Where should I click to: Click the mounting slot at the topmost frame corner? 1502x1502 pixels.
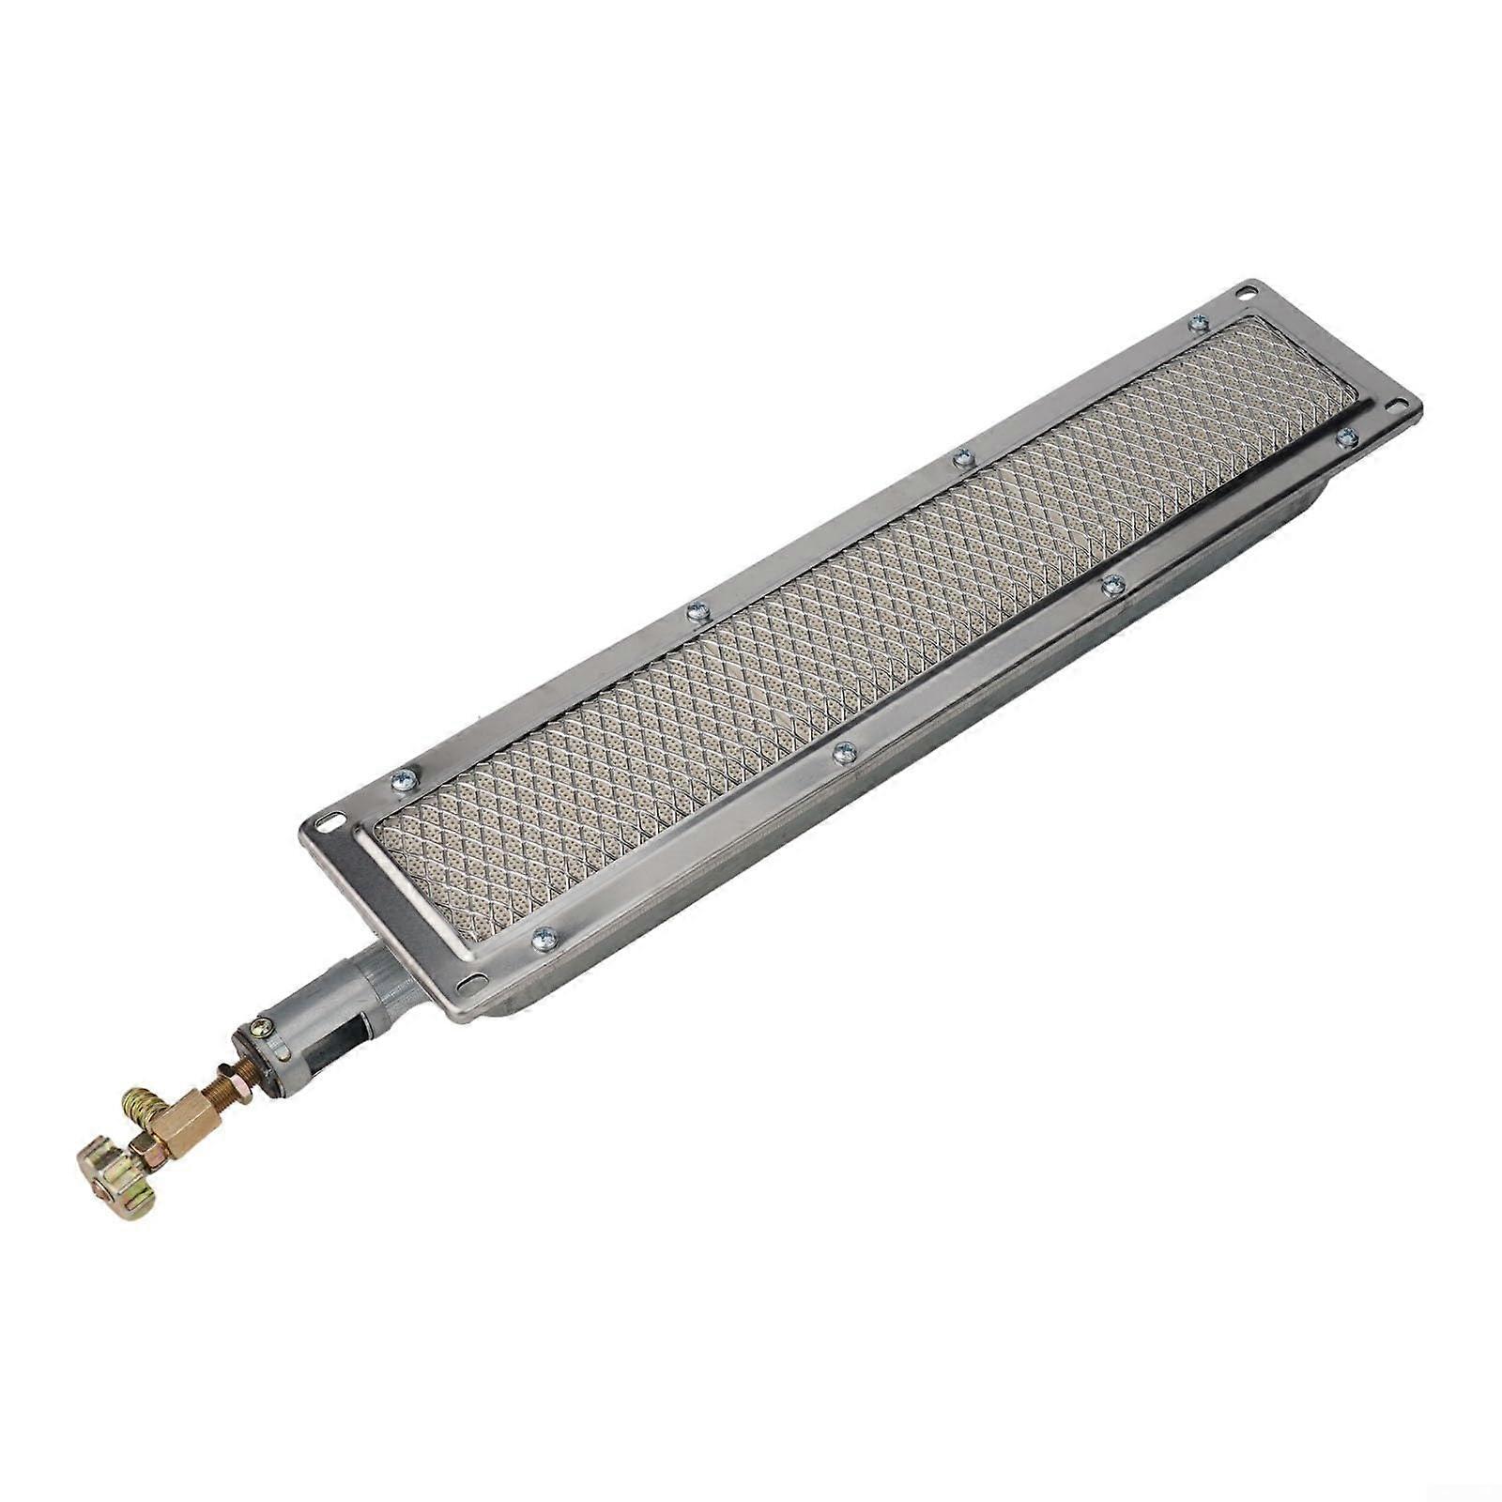tap(1246, 292)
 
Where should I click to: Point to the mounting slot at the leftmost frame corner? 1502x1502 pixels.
tap(327, 821)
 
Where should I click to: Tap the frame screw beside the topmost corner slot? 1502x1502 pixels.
tap(1197, 323)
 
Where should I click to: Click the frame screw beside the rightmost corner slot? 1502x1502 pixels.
tap(1347, 435)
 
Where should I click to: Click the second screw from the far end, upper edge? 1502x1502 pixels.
tap(960, 459)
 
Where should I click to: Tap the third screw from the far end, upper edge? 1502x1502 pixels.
tap(696, 611)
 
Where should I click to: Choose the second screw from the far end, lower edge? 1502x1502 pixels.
tap(1112, 585)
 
